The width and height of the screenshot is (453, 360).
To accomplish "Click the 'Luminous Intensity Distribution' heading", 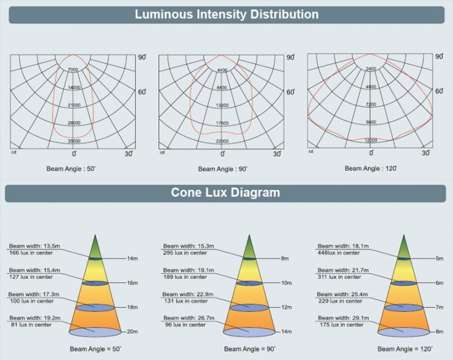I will [226, 15].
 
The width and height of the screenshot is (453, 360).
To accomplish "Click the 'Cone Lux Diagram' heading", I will [226, 193].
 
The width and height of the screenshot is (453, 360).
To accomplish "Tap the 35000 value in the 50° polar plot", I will [74, 141].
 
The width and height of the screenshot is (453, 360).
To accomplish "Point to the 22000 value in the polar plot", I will [222, 141].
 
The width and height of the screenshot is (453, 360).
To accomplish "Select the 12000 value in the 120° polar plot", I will [371, 140].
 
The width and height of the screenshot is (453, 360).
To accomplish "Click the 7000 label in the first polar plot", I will [73, 70].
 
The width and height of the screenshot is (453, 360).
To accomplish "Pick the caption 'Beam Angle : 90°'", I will [223, 169].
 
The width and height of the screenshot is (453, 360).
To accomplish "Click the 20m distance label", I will [132, 331].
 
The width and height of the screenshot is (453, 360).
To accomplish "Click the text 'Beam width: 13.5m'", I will [27, 246].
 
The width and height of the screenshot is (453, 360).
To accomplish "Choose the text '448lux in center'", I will [339, 253].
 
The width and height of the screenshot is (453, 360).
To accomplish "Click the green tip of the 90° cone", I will [249, 245].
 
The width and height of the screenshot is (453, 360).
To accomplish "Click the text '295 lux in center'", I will [184, 253].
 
